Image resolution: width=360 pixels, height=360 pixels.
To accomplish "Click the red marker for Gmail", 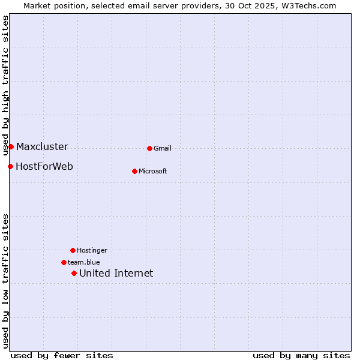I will click(149, 148).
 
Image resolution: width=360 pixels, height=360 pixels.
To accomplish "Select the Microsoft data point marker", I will click(134, 171).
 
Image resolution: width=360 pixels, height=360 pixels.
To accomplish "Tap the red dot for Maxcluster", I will click(11, 146).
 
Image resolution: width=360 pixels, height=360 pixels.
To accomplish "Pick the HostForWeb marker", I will click(10, 166).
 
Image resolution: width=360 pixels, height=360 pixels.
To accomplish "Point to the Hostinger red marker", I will click(73, 250).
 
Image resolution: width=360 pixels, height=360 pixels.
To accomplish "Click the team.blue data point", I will click(64, 262).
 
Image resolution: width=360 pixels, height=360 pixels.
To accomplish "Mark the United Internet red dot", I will click(74, 273).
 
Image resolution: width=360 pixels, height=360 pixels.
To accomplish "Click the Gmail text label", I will click(163, 149).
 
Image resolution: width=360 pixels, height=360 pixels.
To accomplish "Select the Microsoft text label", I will click(153, 172).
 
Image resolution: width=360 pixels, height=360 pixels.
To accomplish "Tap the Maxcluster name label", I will click(42, 147).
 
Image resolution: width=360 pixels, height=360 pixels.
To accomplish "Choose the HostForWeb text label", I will click(44, 167).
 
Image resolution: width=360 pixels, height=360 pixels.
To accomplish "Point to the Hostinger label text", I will click(92, 251).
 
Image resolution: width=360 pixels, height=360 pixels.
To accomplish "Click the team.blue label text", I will click(84, 263).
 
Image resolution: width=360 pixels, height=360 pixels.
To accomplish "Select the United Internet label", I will click(116, 274).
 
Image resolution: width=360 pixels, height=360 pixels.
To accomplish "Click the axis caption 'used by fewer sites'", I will click(62, 355).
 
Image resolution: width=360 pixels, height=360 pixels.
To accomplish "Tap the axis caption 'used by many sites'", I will click(301, 355).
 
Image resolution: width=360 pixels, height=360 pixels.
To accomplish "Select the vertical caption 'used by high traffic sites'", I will click(5, 86).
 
